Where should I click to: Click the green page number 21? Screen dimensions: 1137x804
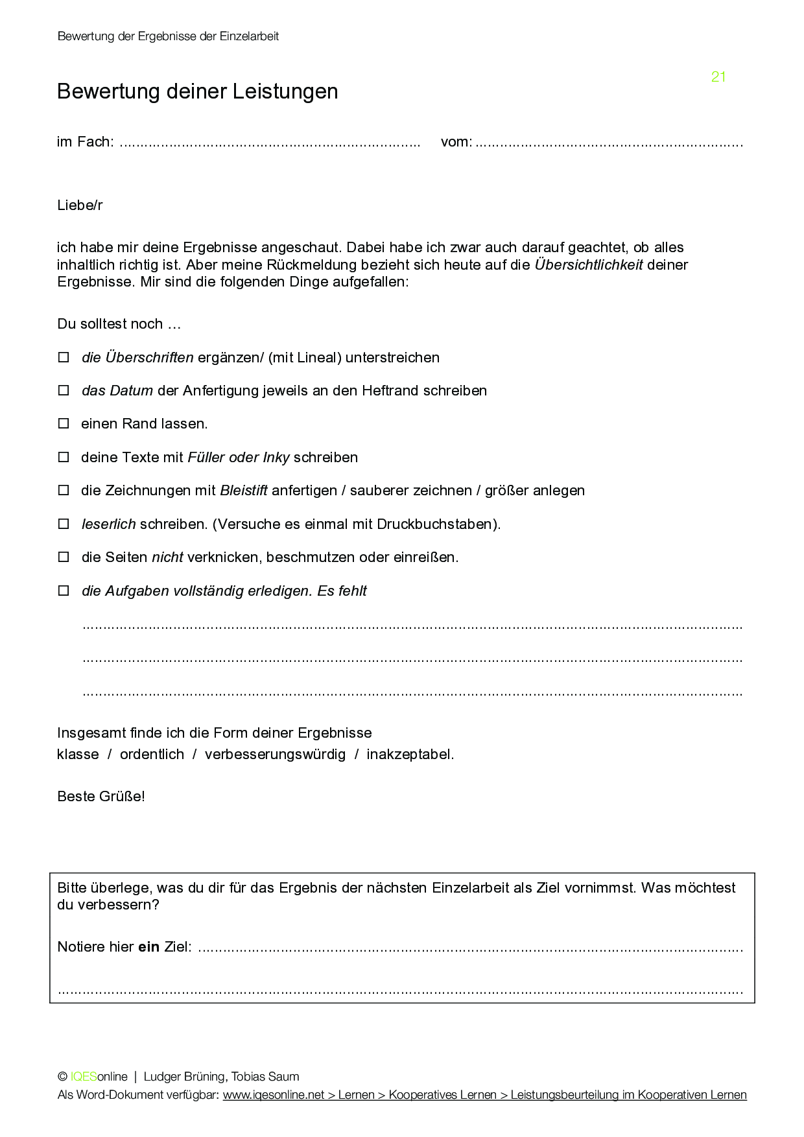[x=718, y=77]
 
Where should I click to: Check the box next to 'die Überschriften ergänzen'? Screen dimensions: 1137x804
[x=64, y=357]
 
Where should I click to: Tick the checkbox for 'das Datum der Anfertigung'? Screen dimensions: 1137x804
[x=64, y=390]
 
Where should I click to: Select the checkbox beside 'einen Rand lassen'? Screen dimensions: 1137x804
[x=64, y=424]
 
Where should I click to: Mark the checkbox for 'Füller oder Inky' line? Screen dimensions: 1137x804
[x=64, y=457]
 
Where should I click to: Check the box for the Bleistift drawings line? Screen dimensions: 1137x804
[x=64, y=491]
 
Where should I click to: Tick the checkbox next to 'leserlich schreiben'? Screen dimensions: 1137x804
[x=64, y=524]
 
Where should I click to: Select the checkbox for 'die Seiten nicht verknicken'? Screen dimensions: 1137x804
[x=64, y=557]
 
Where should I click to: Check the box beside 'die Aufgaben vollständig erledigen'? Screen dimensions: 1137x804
[x=64, y=591]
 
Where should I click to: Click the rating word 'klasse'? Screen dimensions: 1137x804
[x=78, y=755]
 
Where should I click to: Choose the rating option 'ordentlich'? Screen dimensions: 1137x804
[x=152, y=755]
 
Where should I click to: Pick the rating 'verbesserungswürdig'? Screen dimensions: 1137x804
[x=275, y=755]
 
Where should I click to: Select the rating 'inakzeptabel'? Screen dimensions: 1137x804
[x=410, y=755]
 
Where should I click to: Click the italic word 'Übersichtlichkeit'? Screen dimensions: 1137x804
[x=588, y=264]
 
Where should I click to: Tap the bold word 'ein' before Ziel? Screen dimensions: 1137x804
[x=148, y=947]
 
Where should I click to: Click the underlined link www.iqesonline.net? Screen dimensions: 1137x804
[x=274, y=1095]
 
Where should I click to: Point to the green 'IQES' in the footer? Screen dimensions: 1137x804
[x=84, y=1077]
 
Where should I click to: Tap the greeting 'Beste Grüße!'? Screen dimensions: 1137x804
[x=101, y=797]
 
